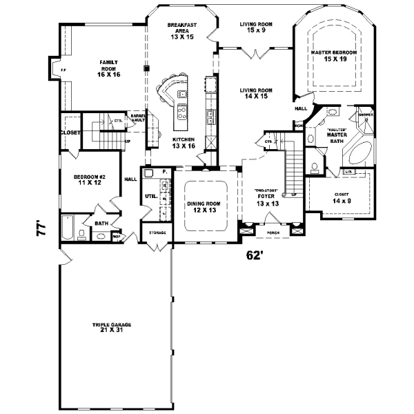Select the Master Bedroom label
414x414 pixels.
[x=334, y=52]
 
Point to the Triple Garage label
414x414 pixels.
[x=112, y=324]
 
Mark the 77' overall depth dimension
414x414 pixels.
[x=43, y=228]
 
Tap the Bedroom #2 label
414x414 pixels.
[x=88, y=177]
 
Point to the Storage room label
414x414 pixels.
[x=157, y=233]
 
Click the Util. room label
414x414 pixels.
[x=150, y=196]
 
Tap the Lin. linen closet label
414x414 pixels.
[x=348, y=171]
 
